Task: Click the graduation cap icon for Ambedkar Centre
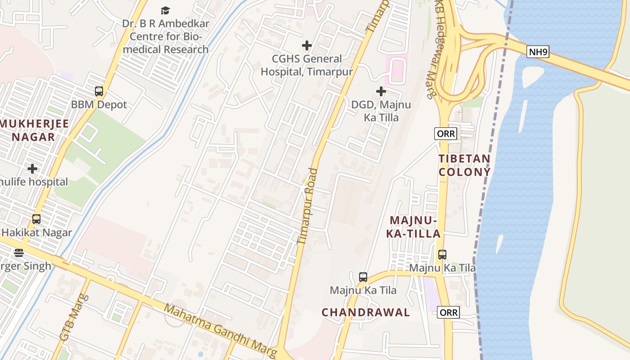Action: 166,10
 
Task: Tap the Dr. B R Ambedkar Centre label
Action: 166,36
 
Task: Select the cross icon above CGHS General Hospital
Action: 307,45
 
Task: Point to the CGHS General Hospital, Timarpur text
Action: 307,65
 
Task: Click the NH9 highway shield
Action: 538,52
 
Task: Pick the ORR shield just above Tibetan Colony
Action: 446,133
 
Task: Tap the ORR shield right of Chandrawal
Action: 449,312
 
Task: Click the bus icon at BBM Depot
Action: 99,91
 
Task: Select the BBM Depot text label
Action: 99,105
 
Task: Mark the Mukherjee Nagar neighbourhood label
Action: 34,130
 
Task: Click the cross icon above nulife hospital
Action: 32,169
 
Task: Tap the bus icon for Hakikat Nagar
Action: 36,219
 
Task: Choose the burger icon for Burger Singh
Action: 18,253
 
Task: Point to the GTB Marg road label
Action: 75,318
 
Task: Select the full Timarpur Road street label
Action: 307,207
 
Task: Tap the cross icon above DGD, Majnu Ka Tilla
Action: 381,91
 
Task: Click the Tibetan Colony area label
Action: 464,165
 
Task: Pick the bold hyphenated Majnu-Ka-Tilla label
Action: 414,227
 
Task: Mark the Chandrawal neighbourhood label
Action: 365,312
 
